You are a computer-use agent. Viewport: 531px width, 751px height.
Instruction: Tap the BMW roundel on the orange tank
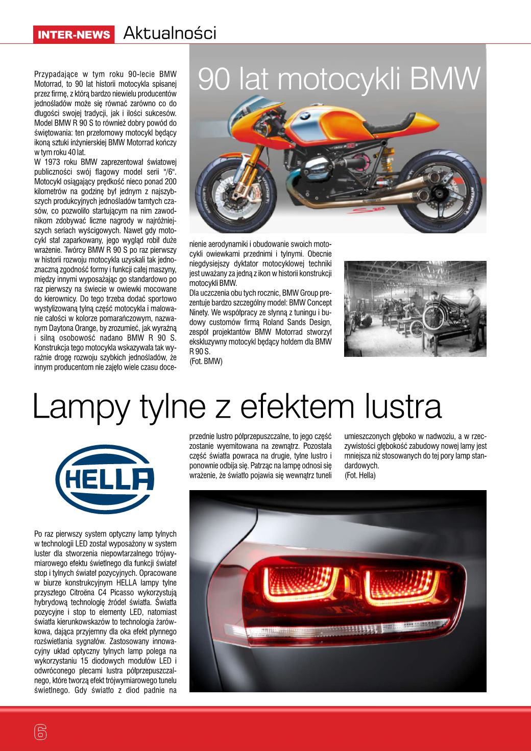pos(305,116)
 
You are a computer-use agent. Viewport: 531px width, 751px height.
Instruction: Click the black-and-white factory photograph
pos(415,308)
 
